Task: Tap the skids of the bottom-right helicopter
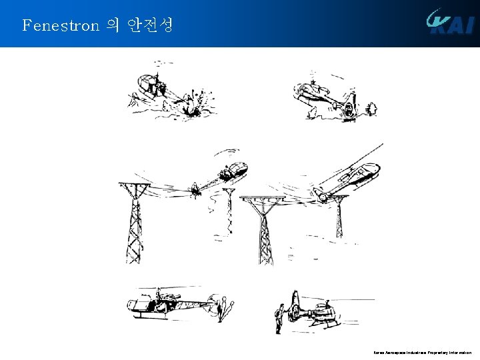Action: (x=320, y=325)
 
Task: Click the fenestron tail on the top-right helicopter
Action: (x=348, y=107)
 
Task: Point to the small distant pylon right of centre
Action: (x=340, y=217)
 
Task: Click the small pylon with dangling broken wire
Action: (x=229, y=210)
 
